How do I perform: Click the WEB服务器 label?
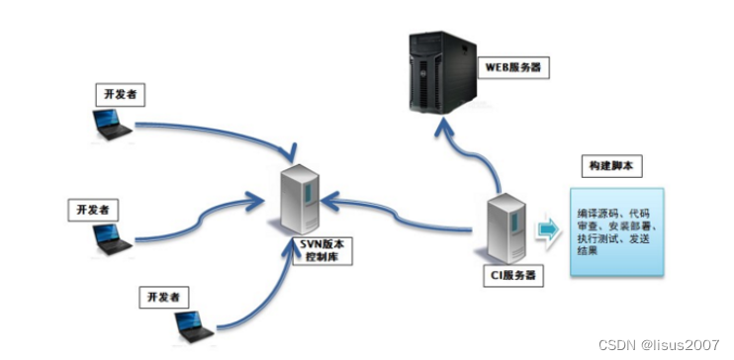coord(515,67)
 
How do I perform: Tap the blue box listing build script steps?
coord(614,230)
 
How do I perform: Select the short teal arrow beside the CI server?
coord(548,229)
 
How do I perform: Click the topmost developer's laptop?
coord(106,125)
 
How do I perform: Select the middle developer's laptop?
coord(111,237)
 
